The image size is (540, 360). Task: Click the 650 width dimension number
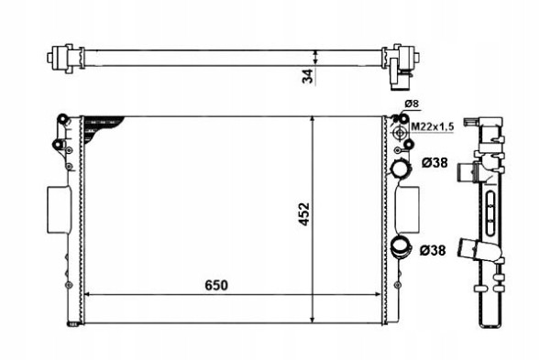(216, 285)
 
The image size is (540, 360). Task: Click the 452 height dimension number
(304, 214)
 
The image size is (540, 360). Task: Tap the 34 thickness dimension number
(308, 76)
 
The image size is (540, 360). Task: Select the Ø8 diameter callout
(412, 104)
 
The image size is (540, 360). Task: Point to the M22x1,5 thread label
(433, 126)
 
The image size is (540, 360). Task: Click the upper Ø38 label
(435, 162)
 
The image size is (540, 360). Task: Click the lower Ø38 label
(433, 250)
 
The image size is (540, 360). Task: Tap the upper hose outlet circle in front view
(400, 169)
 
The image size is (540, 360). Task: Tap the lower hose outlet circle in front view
(401, 246)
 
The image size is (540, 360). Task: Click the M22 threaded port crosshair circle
(400, 133)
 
